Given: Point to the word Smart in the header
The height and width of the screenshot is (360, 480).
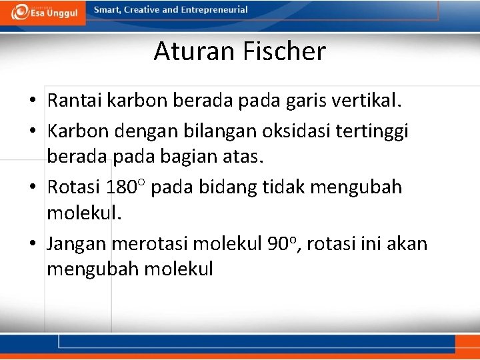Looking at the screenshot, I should (x=107, y=10).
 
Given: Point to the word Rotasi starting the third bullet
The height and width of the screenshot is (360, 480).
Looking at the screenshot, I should (x=73, y=187).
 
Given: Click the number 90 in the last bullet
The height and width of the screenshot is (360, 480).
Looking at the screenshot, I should (x=277, y=243).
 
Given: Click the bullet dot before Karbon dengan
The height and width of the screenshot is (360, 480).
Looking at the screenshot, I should (x=33, y=131).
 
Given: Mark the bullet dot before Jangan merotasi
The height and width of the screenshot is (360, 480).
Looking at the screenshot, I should (x=33, y=244).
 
